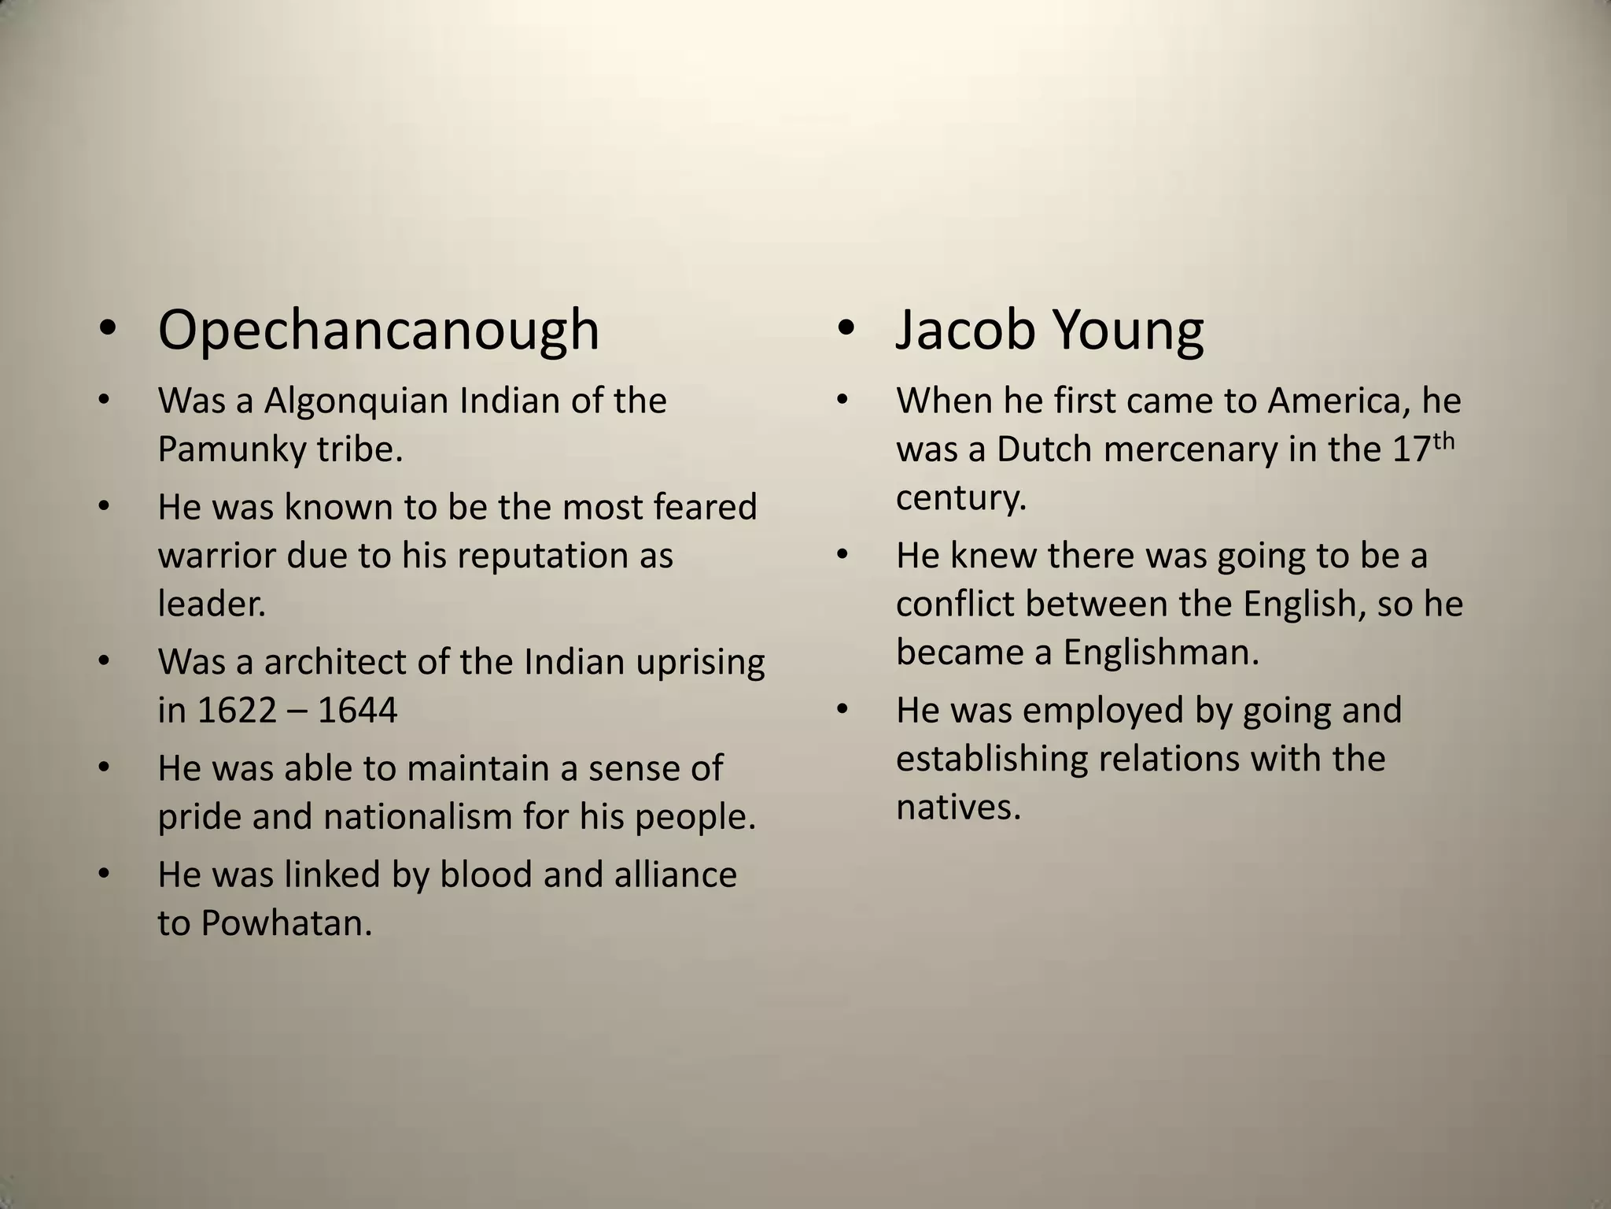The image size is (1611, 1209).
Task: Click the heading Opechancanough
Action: (x=378, y=331)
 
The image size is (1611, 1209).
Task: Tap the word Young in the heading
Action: (x=1127, y=331)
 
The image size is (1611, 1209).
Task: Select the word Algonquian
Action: (x=356, y=401)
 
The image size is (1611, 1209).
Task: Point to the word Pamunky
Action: (x=231, y=450)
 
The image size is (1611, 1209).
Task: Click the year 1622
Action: (x=238, y=711)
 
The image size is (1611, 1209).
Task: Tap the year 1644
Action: (x=358, y=711)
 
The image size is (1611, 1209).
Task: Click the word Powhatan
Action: (x=286, y=923)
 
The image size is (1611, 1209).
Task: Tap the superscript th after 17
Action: (x=1443, y=442)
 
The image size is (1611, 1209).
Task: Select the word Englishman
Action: (x=1161, y=653)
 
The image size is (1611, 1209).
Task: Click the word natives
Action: (x=958, y=808)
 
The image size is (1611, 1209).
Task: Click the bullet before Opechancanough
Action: (x=108, y=331)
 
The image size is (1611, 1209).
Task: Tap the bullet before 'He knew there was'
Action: (x=843, y=556)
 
